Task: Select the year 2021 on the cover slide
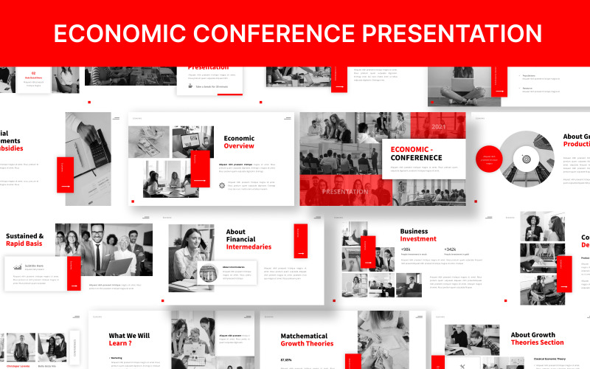pos(439,127)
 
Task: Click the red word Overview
pos(239,146)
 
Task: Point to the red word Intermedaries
pos(249,246)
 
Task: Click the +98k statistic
pos(406,249)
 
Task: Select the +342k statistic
pos(451,249)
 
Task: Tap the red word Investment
pos(418,238)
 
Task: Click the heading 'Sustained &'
pos(24,237)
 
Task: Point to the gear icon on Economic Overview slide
pos(222,185)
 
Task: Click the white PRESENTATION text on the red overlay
pos(345,192)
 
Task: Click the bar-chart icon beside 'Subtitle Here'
pos(17,267)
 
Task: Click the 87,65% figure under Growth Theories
pos(286,359)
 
